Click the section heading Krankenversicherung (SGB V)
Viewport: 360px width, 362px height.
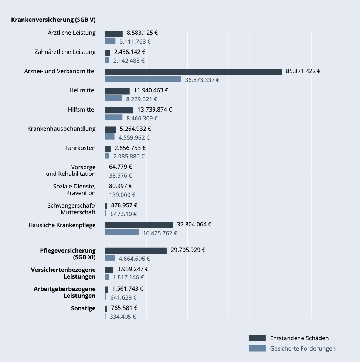53,20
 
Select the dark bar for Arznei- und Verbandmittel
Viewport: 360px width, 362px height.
193,72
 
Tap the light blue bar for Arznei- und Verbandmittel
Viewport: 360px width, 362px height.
143,79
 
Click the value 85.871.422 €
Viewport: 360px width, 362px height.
303,71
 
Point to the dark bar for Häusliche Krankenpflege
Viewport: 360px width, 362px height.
139,225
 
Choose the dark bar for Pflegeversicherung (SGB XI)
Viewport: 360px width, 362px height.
136,251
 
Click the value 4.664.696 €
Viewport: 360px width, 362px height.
134,259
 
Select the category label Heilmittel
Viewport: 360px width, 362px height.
82,90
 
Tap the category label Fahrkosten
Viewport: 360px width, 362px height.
80,148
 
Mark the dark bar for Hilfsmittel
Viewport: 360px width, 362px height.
119,110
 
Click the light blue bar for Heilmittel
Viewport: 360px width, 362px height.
113,98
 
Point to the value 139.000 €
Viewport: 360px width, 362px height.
122,195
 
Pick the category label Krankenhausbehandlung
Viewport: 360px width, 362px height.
61,129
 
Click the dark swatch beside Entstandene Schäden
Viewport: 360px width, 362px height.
257,338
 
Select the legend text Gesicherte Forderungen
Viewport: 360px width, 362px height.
303,348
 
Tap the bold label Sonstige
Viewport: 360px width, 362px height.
83,308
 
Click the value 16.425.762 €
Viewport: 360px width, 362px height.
160,233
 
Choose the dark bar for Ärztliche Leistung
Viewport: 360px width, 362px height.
113,34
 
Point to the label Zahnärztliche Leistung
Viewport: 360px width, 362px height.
65,52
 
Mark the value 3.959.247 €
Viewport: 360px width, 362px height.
133,269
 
